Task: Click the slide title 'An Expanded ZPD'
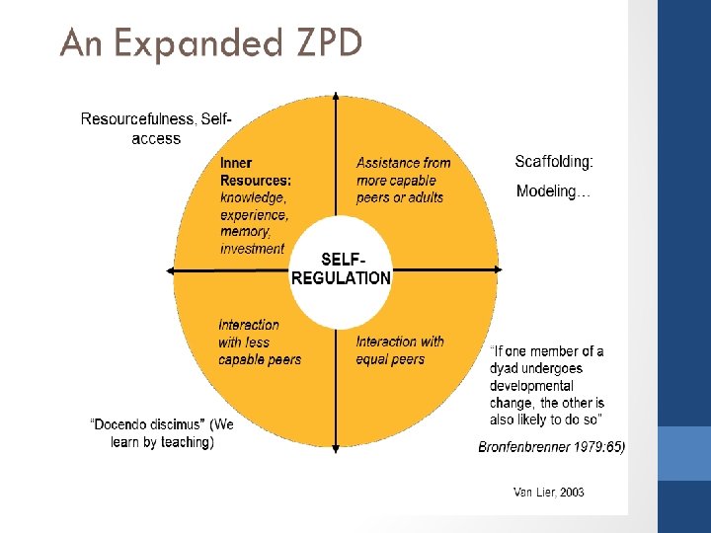coord(210,42)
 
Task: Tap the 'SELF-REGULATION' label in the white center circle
coord(341,268)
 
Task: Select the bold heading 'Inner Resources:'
coord(255,172)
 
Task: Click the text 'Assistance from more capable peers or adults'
coord(403,180)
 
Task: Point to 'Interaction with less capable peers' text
coord(260,342)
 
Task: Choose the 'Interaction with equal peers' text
coord(400,350)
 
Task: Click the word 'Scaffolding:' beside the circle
coord(554,161)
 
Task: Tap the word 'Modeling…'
coord(553,191)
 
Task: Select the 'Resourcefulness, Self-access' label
coord(156,128)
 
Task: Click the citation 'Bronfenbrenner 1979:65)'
coord(551,447)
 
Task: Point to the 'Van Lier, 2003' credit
coord(548,492)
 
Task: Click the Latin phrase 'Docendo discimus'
coord(136,424)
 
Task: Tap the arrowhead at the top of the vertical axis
coord(336,97)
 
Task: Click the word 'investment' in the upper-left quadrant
coord(252,249)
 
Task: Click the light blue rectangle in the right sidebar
coord(683,453)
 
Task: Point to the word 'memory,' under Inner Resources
coord(245,232)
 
